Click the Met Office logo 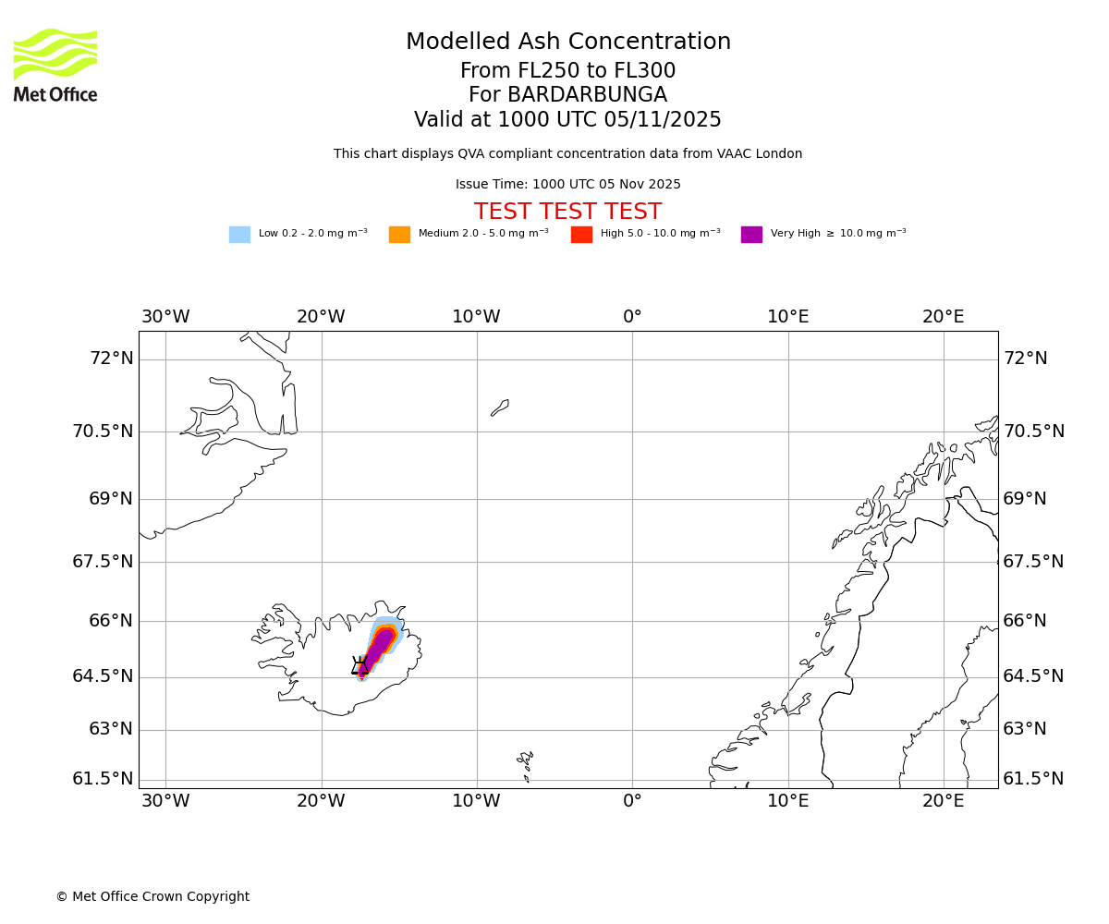click(55, 65)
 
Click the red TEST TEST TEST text click(567, 212)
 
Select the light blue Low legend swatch click(239, 235)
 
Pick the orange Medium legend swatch click(399, 235)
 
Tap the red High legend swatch click(581, 235)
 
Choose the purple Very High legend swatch click(751, 235)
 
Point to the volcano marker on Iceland click(360, 665)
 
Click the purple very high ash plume click(378, 647)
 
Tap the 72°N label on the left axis click(111, 359)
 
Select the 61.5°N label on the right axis click(1033, 779)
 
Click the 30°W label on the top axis click(165, 317)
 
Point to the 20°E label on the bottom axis click(943, 801)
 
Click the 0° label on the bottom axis click(632, 801)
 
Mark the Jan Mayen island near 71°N click(500, 407)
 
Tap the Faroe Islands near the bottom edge click(526, 761)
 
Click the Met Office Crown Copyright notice click(152, 896)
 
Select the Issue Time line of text click(567, 185)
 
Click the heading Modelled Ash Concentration click(567, 42)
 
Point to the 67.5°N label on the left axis click(103, 562)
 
